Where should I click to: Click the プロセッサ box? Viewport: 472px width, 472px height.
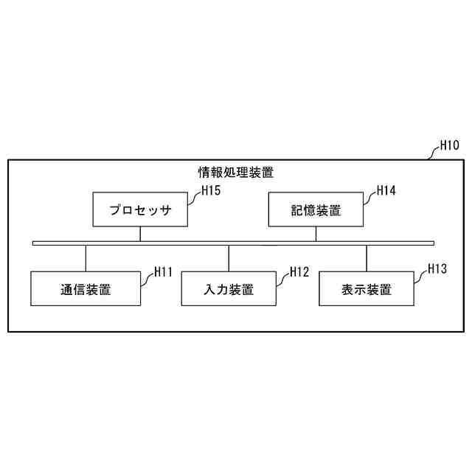[139, 210]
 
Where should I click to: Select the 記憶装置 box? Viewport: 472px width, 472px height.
[316, 210]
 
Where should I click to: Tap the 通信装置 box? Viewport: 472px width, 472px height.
[86, 289]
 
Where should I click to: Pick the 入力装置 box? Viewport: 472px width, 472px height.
[228, 289]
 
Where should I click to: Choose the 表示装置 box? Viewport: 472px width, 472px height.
[367, 289]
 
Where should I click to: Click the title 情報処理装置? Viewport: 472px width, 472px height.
[236, 173]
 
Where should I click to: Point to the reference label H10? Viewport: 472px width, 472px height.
[449, 145]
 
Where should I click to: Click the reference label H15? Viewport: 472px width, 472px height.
[212, 190]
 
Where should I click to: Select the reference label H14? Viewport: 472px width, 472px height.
[386, 190]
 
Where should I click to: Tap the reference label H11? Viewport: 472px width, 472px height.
[163, 271]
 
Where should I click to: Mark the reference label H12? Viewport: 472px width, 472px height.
[299, 271]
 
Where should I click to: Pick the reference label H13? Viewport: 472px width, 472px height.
[437, 269]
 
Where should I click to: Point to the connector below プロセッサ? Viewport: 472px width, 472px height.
[140, 234]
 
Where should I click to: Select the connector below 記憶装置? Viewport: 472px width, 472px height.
[316, 234]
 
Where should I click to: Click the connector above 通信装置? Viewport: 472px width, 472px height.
[86, 258]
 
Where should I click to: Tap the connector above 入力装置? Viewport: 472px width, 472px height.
[229, 258]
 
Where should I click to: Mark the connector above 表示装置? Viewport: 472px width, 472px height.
[367, 258]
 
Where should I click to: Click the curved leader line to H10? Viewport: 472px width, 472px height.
[431, 153]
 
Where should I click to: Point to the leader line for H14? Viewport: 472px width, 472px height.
[368, 195]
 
